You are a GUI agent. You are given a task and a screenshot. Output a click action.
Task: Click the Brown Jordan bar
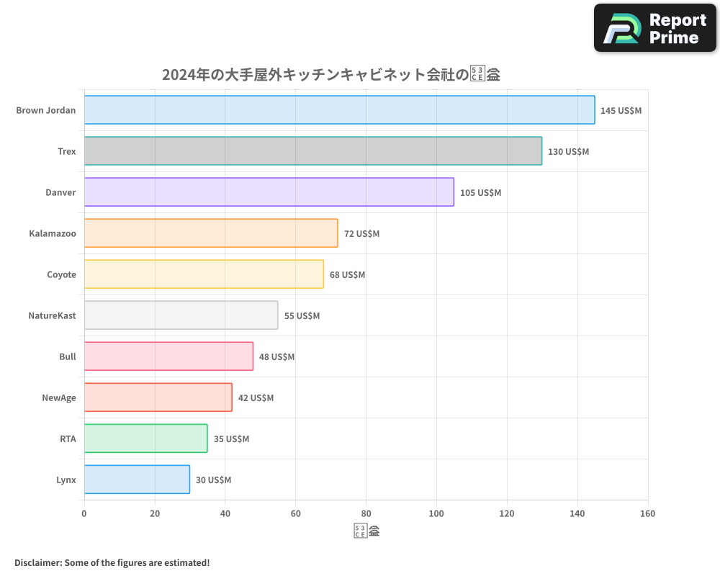[x=339, y=110]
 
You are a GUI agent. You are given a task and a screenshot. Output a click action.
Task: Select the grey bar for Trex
[x=312, y=151]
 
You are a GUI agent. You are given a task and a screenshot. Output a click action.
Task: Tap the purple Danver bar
[x=269, y=192]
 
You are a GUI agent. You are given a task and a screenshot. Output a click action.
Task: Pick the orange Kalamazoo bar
[x=210, y=233]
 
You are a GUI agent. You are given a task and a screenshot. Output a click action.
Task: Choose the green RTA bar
[x=145, y=438]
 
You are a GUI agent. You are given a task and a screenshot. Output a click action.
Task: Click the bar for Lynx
[x=137, y=480]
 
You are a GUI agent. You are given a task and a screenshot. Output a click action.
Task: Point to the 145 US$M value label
[x=621, y=111]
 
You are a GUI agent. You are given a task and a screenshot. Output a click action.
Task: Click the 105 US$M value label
[x=480, y=193]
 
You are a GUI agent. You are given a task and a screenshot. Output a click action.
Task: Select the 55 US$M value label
[x=302, y=316]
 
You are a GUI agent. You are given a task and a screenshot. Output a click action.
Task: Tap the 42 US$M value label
[x=256, y=398]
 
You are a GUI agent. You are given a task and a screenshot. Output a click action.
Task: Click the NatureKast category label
[x=52, y=315]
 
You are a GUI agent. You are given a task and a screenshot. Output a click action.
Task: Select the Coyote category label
[x=61, y=274]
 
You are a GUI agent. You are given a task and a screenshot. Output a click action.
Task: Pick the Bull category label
[x=68, y=356]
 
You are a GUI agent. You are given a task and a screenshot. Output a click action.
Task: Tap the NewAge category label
[x=59, y=397]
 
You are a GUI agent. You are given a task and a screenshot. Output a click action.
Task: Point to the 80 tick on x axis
[x=366, y=513]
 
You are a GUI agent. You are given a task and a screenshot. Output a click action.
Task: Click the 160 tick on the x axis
[x=647, y=513]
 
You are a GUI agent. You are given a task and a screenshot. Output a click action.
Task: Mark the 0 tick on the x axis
[x=84, y=513]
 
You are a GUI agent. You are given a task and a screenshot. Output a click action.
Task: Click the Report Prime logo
[x=655, y=28]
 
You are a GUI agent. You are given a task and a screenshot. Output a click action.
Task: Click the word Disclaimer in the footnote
[x=37, y=562]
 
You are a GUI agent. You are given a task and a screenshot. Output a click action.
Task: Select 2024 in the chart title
[x=179, y=74]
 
